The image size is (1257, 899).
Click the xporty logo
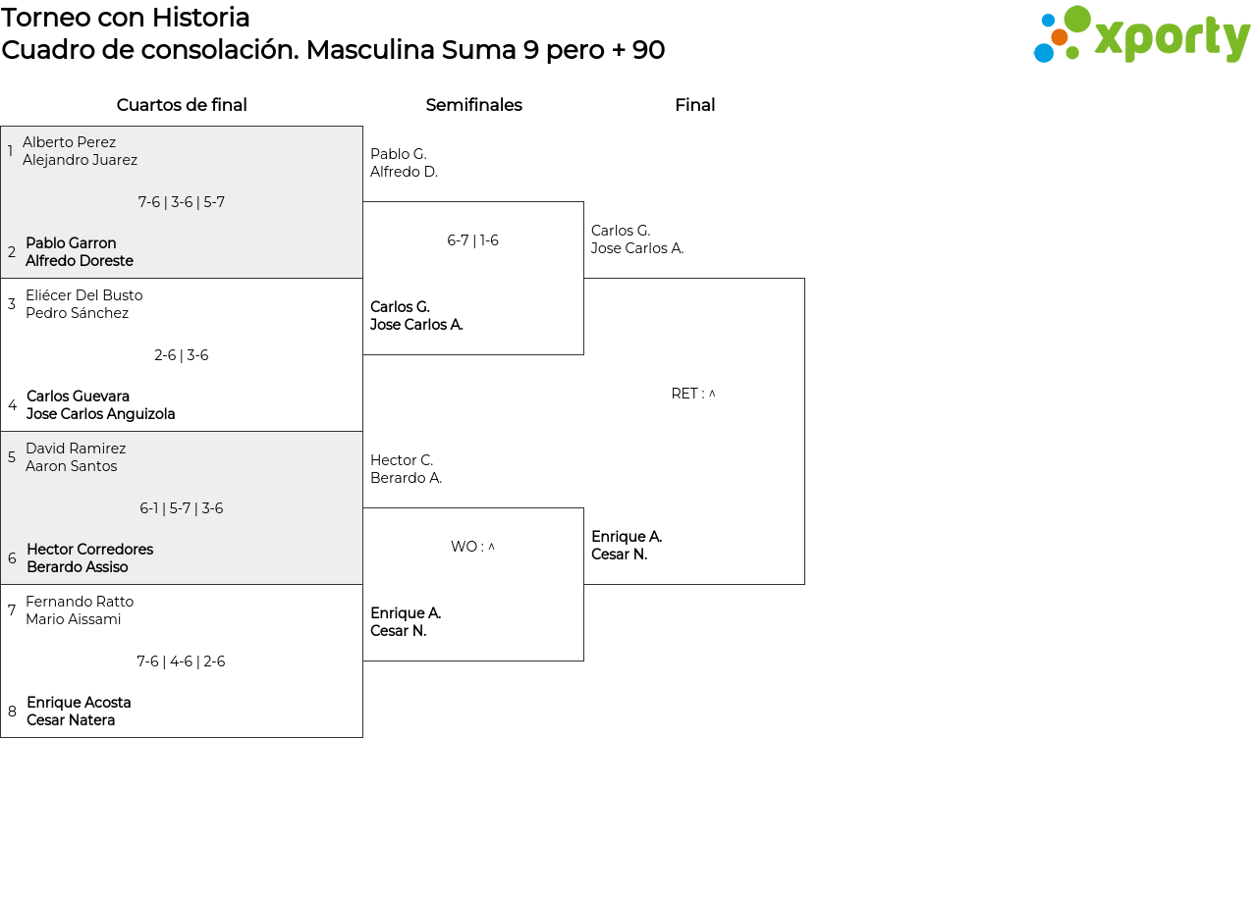click(x=1141, y=34)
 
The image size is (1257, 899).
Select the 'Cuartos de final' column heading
click(x=182, y=105)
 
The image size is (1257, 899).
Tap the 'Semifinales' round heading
click(x=473, y=105)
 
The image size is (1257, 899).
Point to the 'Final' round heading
click(x=694, y=105)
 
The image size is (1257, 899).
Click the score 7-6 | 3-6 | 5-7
click(x=182, y=202)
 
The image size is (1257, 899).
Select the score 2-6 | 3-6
click(x=182, y=355)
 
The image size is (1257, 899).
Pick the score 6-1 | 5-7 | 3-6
click(x=182, y=508)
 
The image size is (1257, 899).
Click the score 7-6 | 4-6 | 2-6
click(x=181, y=661)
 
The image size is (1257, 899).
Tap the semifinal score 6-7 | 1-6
click(x=472, y=240)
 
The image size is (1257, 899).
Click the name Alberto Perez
click(x=69, y=142)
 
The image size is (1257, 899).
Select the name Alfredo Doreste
click(x=80, y=261)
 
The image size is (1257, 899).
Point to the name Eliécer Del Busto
click(x=84, y=295)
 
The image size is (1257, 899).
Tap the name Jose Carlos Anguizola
click(x=101, y=414)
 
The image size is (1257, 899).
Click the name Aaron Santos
click(x=72, y=466)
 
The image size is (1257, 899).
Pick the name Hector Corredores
click(x=89, y=549)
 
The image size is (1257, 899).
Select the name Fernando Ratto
click(x=80, y=602)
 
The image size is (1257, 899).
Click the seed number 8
click(x=12, y=712)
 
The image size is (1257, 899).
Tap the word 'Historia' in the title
click(x=200, y=18)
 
